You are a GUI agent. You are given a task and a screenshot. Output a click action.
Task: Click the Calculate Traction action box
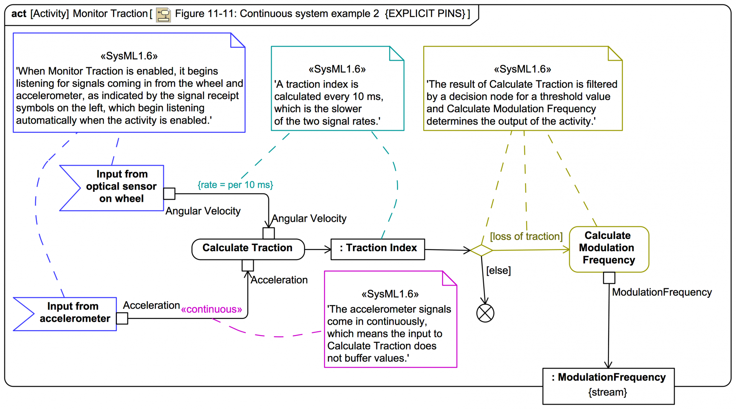pyautogui.click(x=248, y=249)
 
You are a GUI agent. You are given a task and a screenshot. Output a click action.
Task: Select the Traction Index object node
pyautogui.click(x=378, y=249)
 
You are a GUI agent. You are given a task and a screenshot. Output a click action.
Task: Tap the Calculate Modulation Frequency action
pyautogui.click(x=609, y=249)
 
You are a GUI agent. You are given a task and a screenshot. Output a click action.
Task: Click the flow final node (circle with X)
pyautogui.click(x=485, y=313)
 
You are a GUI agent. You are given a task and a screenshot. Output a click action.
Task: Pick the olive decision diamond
pyautogui.click(x=481, y=250)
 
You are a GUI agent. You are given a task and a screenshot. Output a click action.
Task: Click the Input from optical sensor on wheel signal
pyautogui.click(x=115, y=188)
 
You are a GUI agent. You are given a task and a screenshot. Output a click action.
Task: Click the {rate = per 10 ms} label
pyautogui.click(x=235, y=185)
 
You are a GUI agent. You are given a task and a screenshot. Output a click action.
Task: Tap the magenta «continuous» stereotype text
pyautogui.click(x=212, y=309)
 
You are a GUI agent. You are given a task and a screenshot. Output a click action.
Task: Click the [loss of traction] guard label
pyautogui.click(x=526, y=236)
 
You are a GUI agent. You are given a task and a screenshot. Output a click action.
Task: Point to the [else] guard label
pyautogui.click(x=498, y=270)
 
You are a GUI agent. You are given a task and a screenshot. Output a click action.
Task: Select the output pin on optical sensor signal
pyautogui.click(x=169, y=193)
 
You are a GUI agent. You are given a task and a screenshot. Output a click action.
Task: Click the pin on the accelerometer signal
pyautogui.click(x=122, y=318)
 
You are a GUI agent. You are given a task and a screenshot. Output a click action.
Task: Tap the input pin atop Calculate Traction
pyautogui.click(x=268, y=233)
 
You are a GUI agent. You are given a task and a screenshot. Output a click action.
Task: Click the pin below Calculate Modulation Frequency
pyautogui.click(x=609, y=278)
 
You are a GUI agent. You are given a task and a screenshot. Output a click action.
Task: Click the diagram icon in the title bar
pyautogui.click(x=163, y=15)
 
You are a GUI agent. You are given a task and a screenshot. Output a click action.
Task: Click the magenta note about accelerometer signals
pyautogui.click(x=390, y=326)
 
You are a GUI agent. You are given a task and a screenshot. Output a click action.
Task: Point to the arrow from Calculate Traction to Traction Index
pyautogui.click(x=317, y=250)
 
